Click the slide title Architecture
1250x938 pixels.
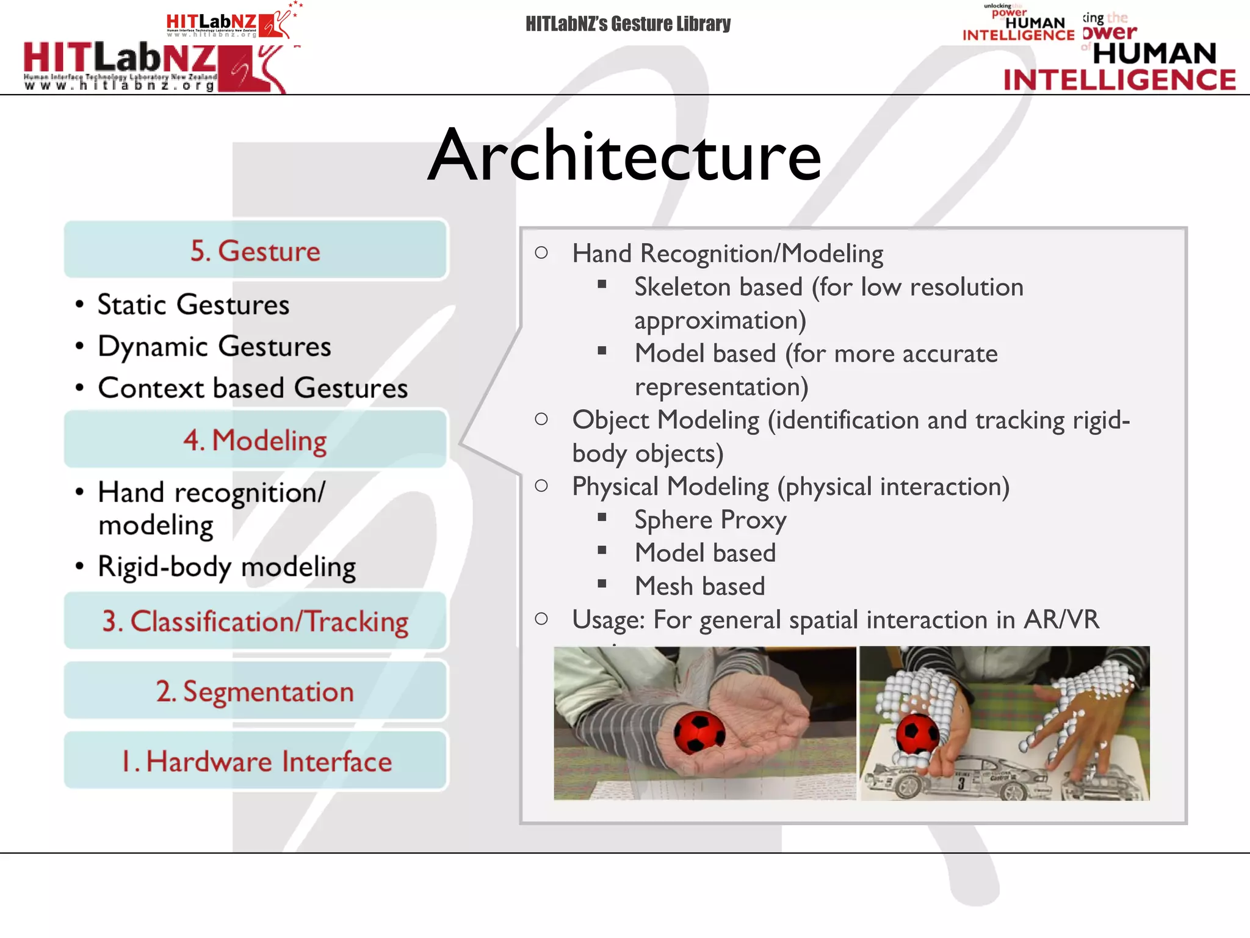pos(624,156)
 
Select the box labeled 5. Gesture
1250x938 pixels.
pos(256,250)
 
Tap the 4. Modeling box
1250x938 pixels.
pos(256,440)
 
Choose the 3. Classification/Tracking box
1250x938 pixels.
pos(256,621)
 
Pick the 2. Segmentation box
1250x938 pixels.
pos(256,691)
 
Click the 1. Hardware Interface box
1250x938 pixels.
pos(256,762)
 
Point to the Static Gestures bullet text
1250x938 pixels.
pos(193,305)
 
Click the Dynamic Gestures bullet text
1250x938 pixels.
pos(214,346)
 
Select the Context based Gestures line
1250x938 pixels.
pos(253,388)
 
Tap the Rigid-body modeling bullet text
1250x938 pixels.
pos(226,567)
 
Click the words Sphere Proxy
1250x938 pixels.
pos(710,520)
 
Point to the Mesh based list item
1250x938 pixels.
pos(699,586)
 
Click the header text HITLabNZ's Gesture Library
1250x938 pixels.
pos(628,24)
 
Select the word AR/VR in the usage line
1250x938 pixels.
pos(1061,619)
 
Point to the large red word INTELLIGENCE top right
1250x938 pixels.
pos(1119,80)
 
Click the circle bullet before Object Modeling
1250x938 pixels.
pos(541,419)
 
